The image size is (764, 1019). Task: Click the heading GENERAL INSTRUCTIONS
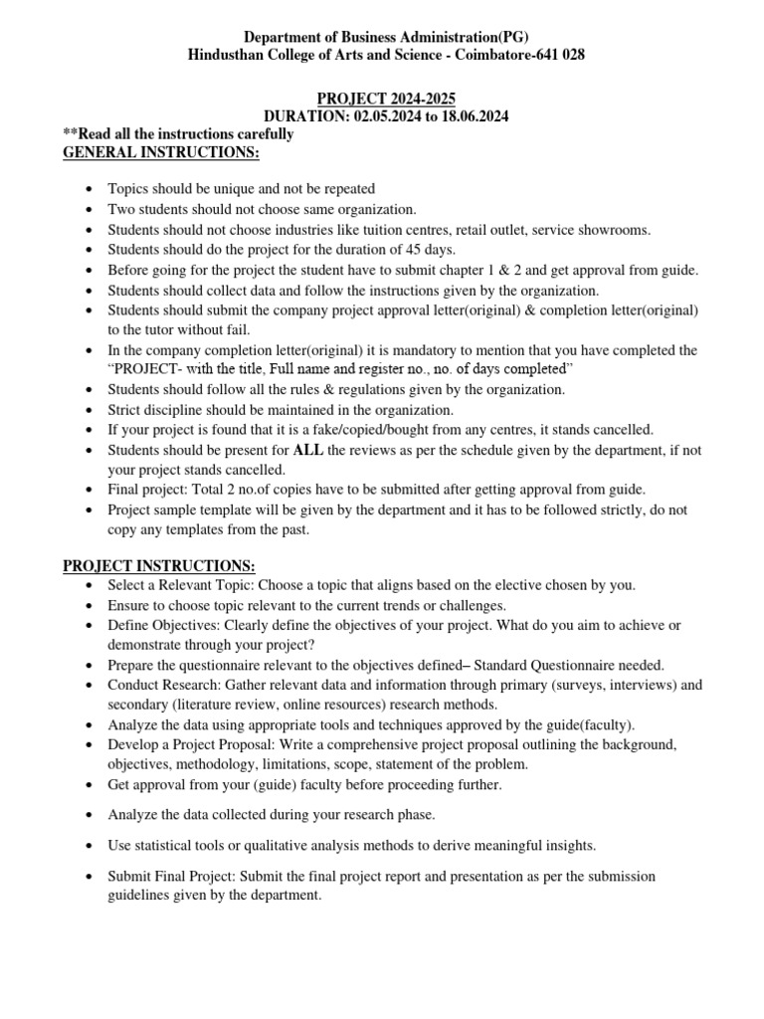161,152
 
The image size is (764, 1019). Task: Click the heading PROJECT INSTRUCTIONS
159,565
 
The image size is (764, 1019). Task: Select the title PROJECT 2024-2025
382,99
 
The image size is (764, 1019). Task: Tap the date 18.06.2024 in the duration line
469,116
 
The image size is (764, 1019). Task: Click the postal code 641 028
560,55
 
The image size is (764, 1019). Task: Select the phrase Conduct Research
162,685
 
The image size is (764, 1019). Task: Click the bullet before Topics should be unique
91,189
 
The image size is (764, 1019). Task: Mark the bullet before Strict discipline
91,410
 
